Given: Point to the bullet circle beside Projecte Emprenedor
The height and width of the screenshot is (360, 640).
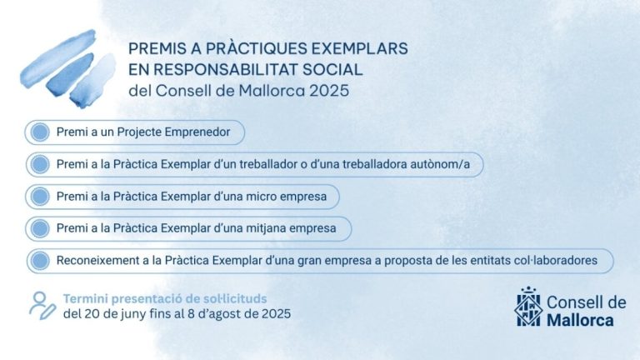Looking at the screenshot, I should click(x=37, y=132).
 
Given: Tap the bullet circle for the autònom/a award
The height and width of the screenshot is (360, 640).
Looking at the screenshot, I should click(x=37, y=165).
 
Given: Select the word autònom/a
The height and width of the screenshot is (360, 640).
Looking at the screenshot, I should click(x=441, y=165).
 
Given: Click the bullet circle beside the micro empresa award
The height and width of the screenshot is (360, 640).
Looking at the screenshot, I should click(x=37, y=197).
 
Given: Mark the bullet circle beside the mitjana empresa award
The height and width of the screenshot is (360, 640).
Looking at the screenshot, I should click(x=37, y=228).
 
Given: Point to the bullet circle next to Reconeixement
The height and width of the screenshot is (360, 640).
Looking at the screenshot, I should click(x=37, y=261).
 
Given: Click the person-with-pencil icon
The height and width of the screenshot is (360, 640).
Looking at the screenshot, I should click(x=42, y=305).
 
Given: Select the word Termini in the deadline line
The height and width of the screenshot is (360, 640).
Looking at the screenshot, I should click(x=86, y=298).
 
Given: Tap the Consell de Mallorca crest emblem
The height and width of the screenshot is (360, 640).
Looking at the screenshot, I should click(x=527, y=306).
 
